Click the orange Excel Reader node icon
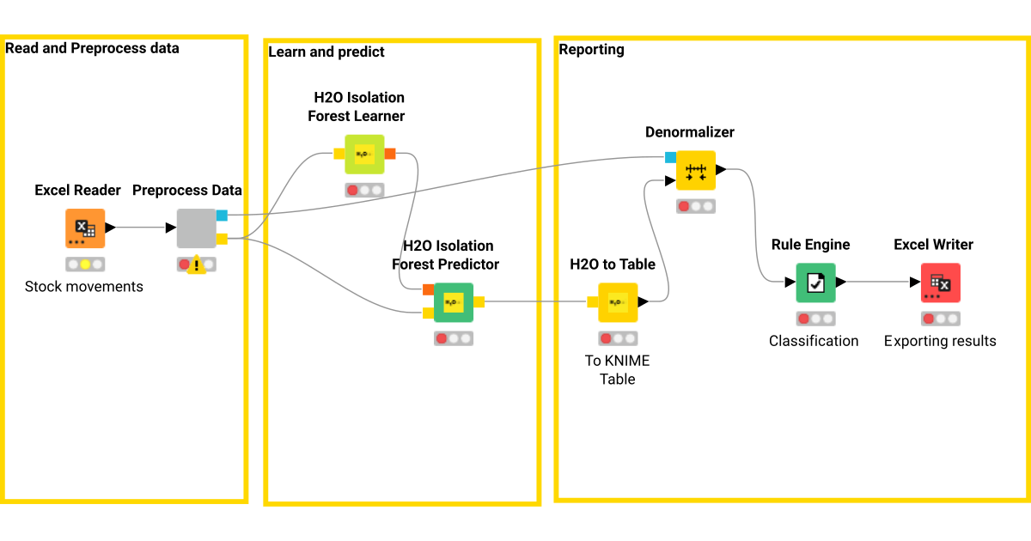[85, 228]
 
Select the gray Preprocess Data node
[196, 228]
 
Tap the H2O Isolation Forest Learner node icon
[364, 155]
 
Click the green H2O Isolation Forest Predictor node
[454, 302]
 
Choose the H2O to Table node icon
[618, 302]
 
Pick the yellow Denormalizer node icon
[695, 170]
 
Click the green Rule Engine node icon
[815, 283]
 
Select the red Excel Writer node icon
[940, 283]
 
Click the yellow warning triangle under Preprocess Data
[197, 265]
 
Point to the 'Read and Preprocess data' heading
[93, 48]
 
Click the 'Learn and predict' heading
[326, 52]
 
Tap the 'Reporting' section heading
[591, 50]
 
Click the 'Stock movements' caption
[84, 286]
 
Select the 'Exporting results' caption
[940, 341]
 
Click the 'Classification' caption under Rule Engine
[814, 341]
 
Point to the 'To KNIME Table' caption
[617, 369]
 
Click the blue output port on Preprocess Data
[222, 216]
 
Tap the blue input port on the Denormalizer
[670, 157]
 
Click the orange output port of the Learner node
[390, 154]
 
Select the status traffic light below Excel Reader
[85, 264]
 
